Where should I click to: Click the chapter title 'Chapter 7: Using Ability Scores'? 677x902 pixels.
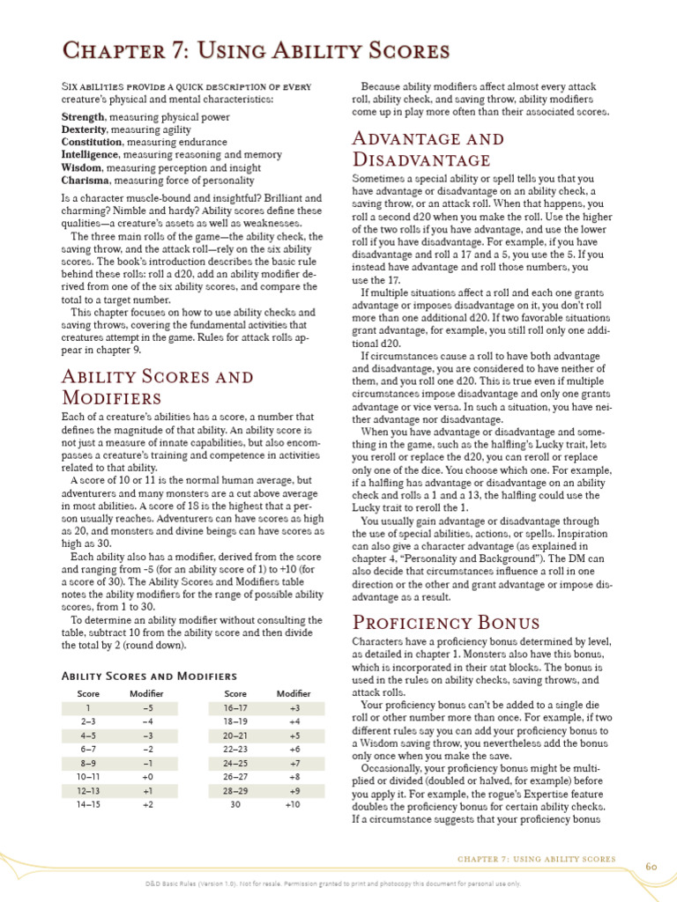click(255, 52)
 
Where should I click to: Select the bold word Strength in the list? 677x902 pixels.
click(83, 116)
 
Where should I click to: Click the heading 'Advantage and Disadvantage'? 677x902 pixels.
click(428, 149)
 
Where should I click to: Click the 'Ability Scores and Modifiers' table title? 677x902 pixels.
click(149, 676)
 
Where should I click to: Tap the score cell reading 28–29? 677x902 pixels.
click(235, 790)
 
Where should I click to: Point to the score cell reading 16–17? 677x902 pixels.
click(235, 707)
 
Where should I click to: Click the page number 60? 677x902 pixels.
click(651, 866)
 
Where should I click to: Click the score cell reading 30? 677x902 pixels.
click(235, 804)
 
